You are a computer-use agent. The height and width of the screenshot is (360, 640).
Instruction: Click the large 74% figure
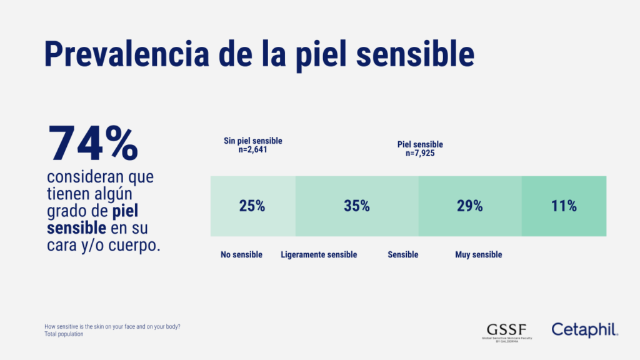tap(93, 144)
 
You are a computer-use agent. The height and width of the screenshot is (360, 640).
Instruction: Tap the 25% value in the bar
tap(252, 206)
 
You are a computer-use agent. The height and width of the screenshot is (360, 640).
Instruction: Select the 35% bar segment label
tap(356, 206)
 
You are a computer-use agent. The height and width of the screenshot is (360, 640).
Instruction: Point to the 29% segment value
tap(469, 206)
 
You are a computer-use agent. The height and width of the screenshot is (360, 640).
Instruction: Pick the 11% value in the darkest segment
tap(564, 206)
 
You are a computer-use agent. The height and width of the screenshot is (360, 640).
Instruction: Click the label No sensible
tap(241, 255)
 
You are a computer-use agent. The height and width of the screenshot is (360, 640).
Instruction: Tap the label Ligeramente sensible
tap(319, 255)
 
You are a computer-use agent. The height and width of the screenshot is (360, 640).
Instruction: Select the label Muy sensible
tap(478, 255)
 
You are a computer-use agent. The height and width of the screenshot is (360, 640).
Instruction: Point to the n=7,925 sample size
tap(420, 153)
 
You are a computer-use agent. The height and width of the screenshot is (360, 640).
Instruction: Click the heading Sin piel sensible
tap(248, 141)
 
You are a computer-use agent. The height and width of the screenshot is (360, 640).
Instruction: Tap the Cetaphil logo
tap(584, 329)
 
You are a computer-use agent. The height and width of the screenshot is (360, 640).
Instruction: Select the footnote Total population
tap(64, 334)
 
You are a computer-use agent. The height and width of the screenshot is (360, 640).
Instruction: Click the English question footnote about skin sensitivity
tap(117, 326)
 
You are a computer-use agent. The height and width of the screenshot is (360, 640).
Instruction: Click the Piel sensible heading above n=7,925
tap(420, 144)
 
